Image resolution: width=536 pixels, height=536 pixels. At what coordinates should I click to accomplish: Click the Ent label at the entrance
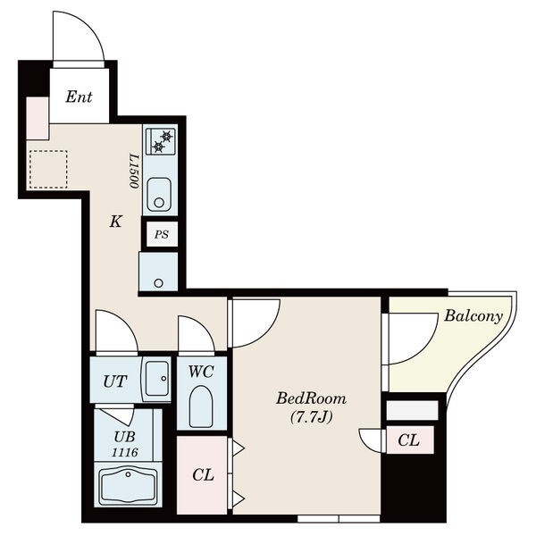point(79,96)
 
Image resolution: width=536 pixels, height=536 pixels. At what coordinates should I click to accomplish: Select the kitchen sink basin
point(159,195)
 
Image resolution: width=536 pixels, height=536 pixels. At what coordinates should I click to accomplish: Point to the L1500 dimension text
point(134,172)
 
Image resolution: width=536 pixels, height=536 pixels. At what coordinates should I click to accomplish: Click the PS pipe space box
point(162,234)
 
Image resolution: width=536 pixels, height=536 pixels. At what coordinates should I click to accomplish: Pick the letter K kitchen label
point(115,222)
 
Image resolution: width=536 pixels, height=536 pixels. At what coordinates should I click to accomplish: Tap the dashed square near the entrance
point(48,169)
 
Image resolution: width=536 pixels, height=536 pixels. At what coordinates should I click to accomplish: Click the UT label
point(115,381)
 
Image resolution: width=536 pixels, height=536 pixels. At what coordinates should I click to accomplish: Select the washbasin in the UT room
point(156,379)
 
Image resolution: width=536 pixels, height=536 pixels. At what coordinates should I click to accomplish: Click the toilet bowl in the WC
point(201,406)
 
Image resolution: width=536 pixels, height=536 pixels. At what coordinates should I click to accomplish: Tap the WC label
point(201,372)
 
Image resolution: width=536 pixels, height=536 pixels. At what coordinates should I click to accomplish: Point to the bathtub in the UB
point(128,484)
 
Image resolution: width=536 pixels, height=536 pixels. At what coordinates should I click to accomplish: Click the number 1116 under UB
point(125,453)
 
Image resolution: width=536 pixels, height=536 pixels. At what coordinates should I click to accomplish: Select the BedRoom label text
point(311,399)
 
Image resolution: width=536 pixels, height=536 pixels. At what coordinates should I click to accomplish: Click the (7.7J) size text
point(311,417)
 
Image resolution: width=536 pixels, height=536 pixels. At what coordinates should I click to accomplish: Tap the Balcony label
point(473,316)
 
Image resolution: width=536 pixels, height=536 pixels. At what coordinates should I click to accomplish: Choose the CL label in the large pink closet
point(203,475)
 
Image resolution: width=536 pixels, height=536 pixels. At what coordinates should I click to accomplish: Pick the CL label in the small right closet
point(408,440)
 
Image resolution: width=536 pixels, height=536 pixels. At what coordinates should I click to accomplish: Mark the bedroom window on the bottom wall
point(339,519)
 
